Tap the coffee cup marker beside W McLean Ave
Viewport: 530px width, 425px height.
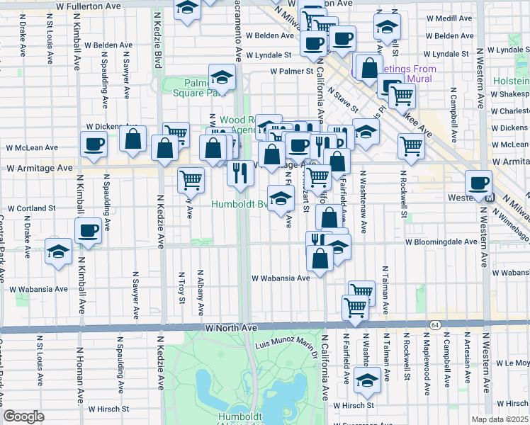point(94,145)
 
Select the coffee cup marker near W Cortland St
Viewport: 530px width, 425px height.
point(89,231)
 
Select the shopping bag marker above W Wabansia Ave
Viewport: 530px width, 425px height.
point(320,259)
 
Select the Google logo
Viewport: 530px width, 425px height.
point(24,416)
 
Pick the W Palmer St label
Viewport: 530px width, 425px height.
point(291,72)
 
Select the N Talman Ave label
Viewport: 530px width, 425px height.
point(385,290)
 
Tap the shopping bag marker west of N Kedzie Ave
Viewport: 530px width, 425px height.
point(132,140)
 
